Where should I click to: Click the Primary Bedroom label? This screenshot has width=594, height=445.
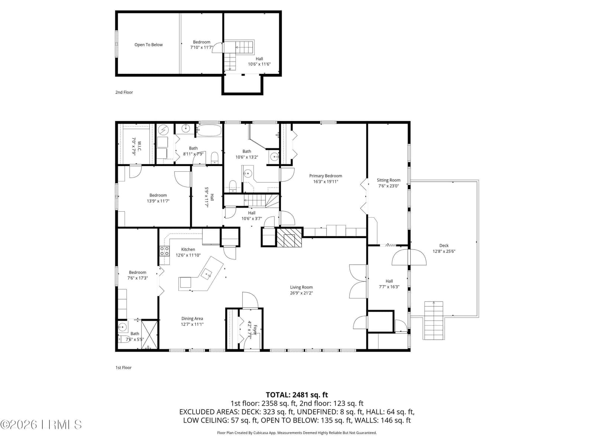click(325, 176)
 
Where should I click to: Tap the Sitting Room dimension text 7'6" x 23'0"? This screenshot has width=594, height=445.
click(388, 186)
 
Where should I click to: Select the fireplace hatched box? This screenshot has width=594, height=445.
click(289, 237)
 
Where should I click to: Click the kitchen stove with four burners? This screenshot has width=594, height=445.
click(164, 251)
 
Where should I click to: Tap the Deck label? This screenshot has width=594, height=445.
click(444, 245)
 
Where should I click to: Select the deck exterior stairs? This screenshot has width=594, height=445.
click(434, 320)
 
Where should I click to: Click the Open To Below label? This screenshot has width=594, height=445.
click(148, 45)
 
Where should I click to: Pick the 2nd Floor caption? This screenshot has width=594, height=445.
click(124, 92)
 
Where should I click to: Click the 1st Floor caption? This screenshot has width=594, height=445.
click(123, 367)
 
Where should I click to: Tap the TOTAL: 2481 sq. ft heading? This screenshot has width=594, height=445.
click(297, 395)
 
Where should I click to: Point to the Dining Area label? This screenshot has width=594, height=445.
click(192, 319)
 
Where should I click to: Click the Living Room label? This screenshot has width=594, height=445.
click(301, 287)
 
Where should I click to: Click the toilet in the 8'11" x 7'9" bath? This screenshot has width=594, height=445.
click(214, 158)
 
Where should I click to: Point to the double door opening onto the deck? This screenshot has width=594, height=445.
click(409, 257)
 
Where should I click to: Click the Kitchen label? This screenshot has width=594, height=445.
click(188, 249)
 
